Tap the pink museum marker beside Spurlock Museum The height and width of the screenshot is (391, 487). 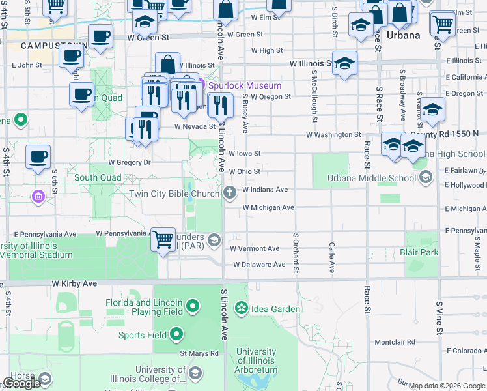pyautogui.click(x=201, y=85)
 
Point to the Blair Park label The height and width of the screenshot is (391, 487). pyautogui.click(x=419, y=252)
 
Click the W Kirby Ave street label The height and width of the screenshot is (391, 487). pyautogui.click(x=74, y=284)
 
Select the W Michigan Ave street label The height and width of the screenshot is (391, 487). pyautogui.click(x=268, y=207)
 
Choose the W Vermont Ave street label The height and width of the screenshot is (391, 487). pyautogui.click(x=255, y=248)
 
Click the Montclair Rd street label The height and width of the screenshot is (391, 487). pyautogui.click(x=395, y=342)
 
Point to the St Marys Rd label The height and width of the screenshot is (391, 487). pyautogui.click(x=199, y=353)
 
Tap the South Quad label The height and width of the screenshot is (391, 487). pyautogui.click(x=97, y=177)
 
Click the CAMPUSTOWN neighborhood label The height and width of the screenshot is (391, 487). pyautogui.click(x=44, y=46)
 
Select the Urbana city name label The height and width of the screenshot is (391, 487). pyautogui.click(x=404, y=35)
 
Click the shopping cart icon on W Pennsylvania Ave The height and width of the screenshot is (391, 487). pyautogui.click(x=163, y=239)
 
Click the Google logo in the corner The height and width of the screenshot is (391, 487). pyautogui.click(x=21, y=383)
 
